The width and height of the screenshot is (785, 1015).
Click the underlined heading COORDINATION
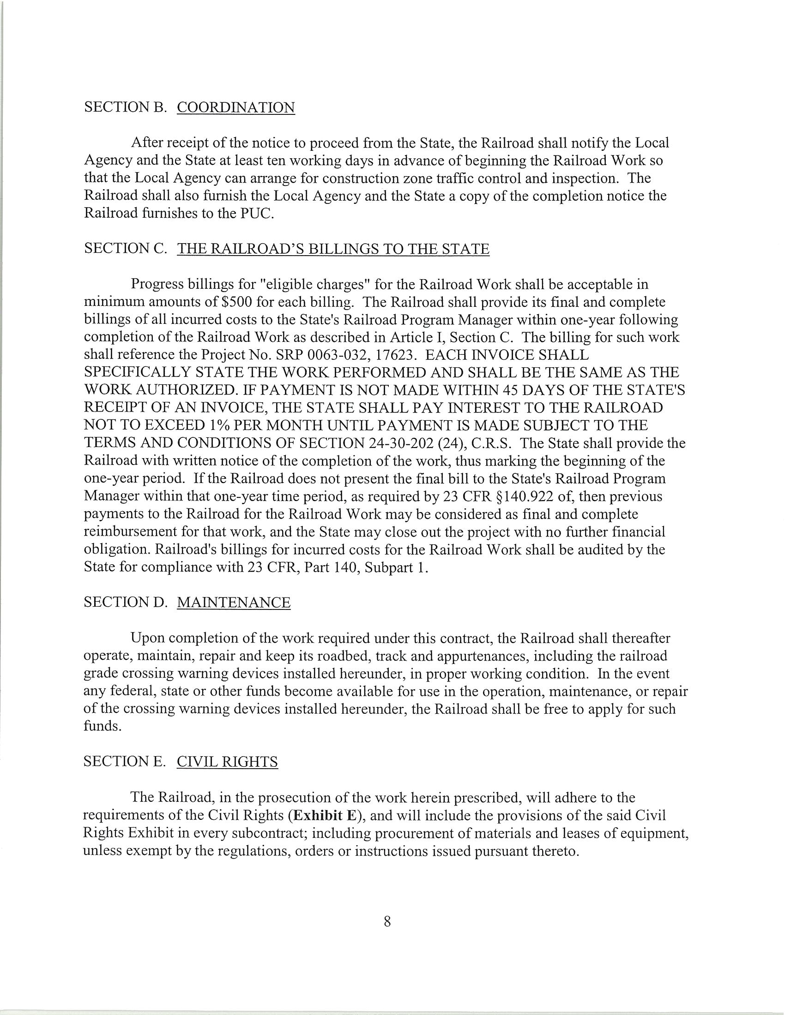click(x=236, y=107)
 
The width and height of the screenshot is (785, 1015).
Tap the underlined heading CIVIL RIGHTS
click(x=227, y=762)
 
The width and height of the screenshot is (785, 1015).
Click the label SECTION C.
click(x=125, y=249)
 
